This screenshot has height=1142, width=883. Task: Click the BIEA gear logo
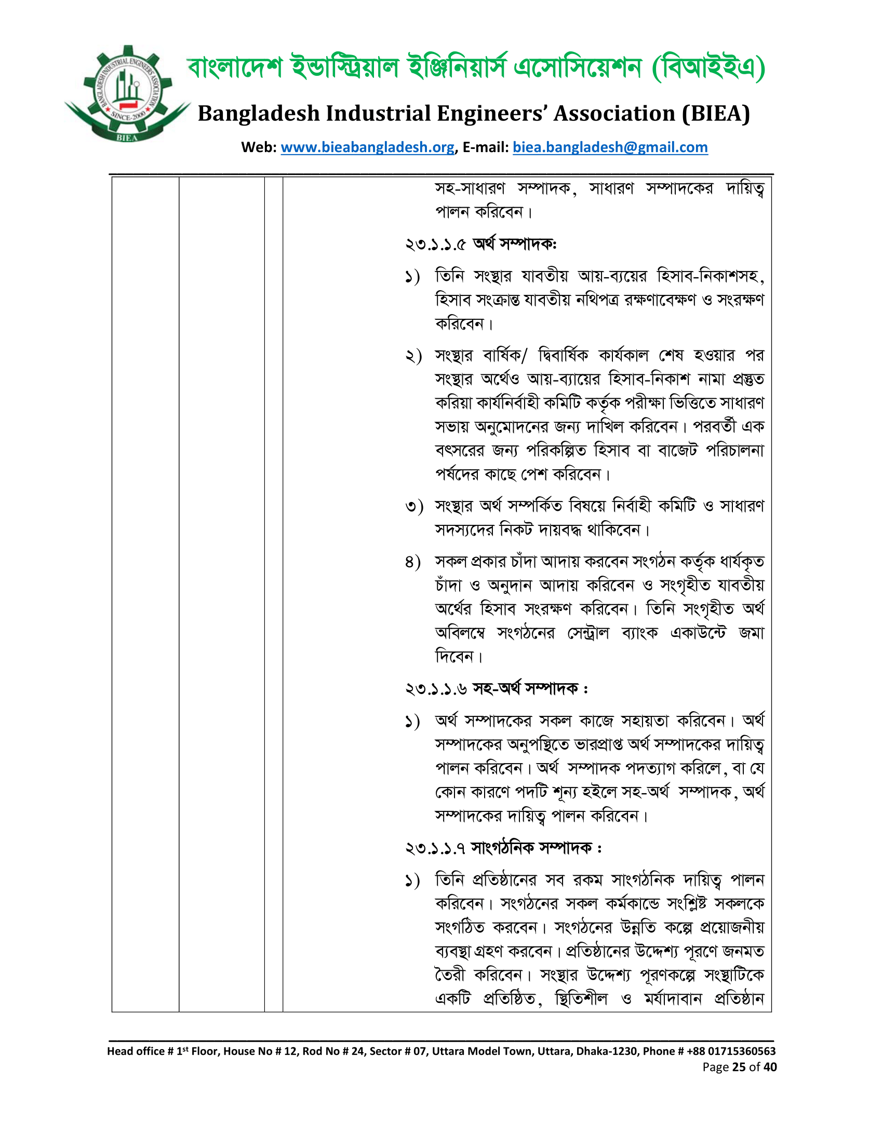pyautogui.click(x=128, y=94)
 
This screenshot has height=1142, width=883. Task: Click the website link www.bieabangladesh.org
pyautogui.click(x=367, y=147)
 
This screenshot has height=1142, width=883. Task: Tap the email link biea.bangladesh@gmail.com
pyautogui.click(x=610, y=147)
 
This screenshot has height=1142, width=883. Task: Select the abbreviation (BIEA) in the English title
pyautogui.click(x=716, y=114)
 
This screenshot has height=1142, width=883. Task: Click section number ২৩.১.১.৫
pyautogui.click(x=435, y=244)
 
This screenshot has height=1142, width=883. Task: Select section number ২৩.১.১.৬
pyautogui.click(x=436, y=689)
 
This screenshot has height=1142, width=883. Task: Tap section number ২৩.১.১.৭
pyautogui.click(x=435, y=848)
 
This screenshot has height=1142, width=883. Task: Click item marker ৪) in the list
pyautogui.click(x=413, y=562)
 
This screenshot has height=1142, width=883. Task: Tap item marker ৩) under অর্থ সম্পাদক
pyautogui.click(x=413, y=507)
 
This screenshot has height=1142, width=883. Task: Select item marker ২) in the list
pyautogui.click(x=413, y=357)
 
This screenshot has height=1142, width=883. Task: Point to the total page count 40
pyautogui.click(x=770, y=1067)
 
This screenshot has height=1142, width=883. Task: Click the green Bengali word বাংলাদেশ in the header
pyautogui.click(x=234, y=68)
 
